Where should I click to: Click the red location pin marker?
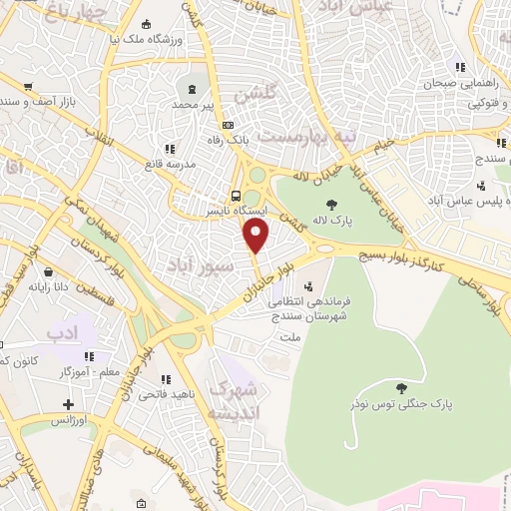point(256,236)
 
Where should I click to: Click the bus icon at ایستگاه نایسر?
point(237,196)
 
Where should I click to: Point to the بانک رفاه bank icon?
point(229,125)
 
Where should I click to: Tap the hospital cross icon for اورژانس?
point(68,405)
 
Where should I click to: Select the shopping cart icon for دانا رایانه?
point(45,269)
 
